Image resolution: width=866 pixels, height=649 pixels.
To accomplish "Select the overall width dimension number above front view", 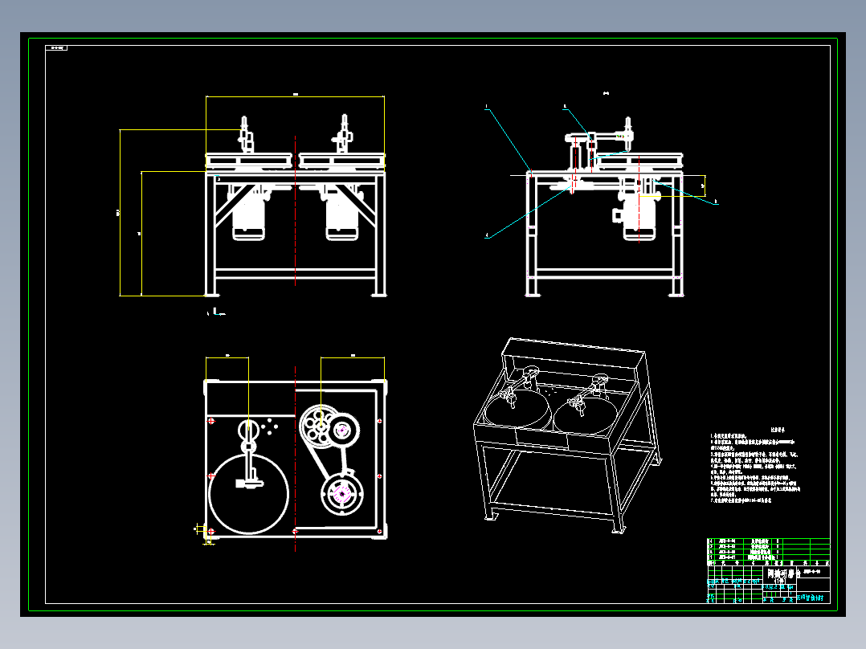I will [295, 95].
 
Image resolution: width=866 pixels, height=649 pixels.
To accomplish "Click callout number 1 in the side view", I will [486, 106].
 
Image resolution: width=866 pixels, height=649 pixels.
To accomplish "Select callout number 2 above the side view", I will [565, 106].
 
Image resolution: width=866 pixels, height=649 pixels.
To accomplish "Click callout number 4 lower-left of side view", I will [486, 236].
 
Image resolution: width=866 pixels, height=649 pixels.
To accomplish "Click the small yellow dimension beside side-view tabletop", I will [703, 186].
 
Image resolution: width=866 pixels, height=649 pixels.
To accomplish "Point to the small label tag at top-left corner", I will [58, 48].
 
